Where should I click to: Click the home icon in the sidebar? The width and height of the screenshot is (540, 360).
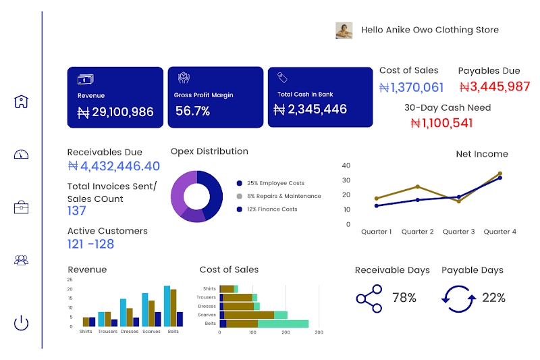coord(22,102)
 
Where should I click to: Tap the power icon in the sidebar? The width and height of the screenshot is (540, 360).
coord(22,323)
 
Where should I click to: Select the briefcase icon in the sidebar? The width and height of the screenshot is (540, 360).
coord(22,207)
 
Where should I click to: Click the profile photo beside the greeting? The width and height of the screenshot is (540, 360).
coord(344,30)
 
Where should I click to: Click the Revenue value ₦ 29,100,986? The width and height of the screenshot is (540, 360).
coord(115,112)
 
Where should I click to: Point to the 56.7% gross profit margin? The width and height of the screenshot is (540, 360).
coord(193,111)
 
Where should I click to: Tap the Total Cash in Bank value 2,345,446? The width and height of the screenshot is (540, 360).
coord(310,109)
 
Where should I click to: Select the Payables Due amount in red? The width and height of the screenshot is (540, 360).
coord(494,86)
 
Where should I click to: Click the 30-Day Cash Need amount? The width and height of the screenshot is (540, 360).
coord(441,123)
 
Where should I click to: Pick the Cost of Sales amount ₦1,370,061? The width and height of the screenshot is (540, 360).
coord(411,87)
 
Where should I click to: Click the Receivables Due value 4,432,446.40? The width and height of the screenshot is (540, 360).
coord(114,166)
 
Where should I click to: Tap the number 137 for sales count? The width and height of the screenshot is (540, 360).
coord(77,211)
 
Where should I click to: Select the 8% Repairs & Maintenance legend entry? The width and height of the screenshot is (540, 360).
coord(283,196)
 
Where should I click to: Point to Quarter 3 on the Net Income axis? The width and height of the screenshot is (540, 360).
coord(458,232)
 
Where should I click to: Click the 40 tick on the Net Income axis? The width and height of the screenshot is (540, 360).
coord(346,165)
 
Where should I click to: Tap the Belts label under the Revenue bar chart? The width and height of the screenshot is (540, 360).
coord(173,332)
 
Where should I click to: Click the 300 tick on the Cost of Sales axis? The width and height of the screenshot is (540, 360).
coord(319,332)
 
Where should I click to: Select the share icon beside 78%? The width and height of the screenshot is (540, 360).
coord(369,298)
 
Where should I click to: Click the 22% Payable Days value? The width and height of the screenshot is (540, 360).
coord(493,298)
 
